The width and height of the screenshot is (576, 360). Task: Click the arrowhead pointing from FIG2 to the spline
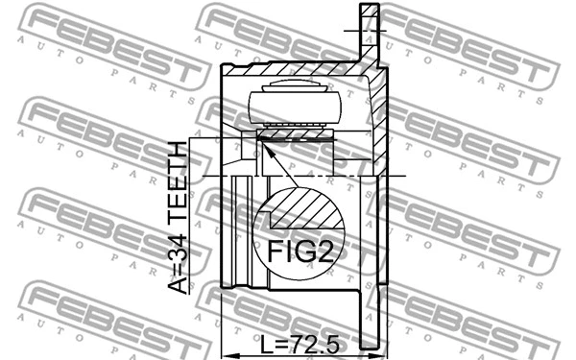click(x=267, y=145)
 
